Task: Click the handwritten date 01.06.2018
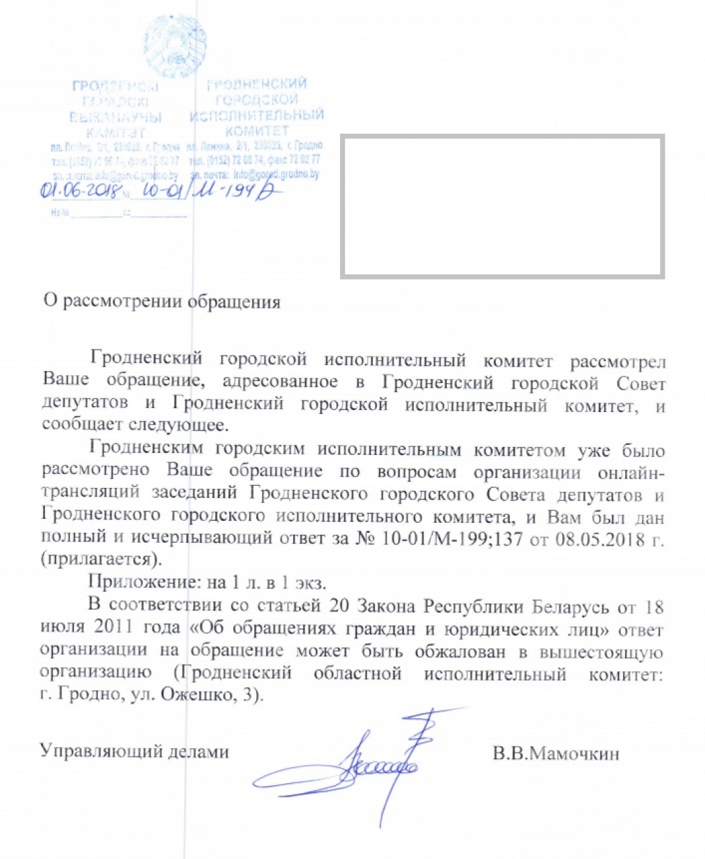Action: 79,191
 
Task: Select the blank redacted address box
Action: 502,206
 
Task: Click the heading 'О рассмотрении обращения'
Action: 162,301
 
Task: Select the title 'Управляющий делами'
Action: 134,752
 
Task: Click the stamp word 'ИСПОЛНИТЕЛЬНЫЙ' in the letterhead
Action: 257,115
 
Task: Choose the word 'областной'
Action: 358,673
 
